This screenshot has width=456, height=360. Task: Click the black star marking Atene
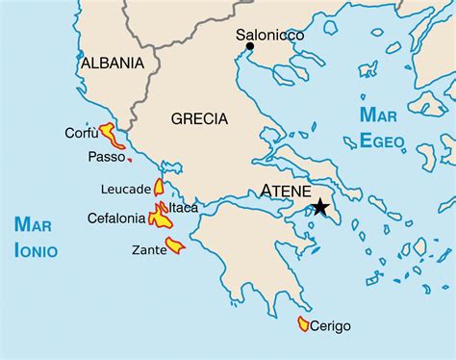tap(320, 207)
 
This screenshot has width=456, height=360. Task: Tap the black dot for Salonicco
tap(250, 45)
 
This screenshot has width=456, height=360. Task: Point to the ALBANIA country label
tap(113, 64)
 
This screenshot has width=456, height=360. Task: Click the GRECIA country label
tap(199, 119)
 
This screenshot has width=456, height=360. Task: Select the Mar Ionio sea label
tap(36, 238)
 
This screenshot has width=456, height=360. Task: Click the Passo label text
tap(107, 156)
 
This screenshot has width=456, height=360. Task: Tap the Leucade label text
tap(125, 188)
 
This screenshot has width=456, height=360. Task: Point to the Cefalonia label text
tap(116, 219)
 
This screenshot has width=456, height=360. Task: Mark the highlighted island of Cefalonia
tap(160, 220)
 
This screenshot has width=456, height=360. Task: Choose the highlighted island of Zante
tap(175, 247)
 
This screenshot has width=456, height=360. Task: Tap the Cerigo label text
tap(332, 326)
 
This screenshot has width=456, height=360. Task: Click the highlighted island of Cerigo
tap(304, 324)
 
